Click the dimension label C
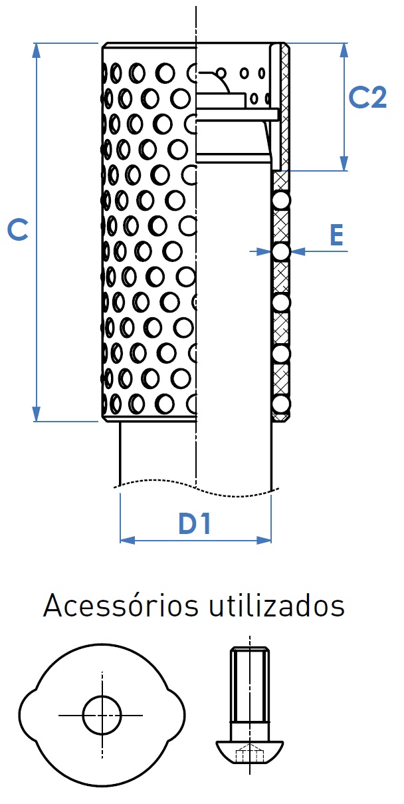pos(18,229)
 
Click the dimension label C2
pos(367,97)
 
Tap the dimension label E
pos(336,235)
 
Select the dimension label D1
pos(195,523)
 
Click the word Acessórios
pos(120,606)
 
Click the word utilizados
pos(277,606)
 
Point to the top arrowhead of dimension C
pos(36,51)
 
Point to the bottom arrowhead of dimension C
pos(36,414)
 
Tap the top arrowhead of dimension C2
pos(344,51)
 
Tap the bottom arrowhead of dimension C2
pos(344,164)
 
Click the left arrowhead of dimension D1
pos(128,540)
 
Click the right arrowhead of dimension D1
pos(264,540)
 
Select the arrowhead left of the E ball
pos(264,251)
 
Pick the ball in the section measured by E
pos(281,251)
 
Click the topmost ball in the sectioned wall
pos(281,200)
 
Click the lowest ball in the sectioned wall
pos(281,404)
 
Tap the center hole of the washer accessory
pos(102,716)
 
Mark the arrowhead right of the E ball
pos(298,251)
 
